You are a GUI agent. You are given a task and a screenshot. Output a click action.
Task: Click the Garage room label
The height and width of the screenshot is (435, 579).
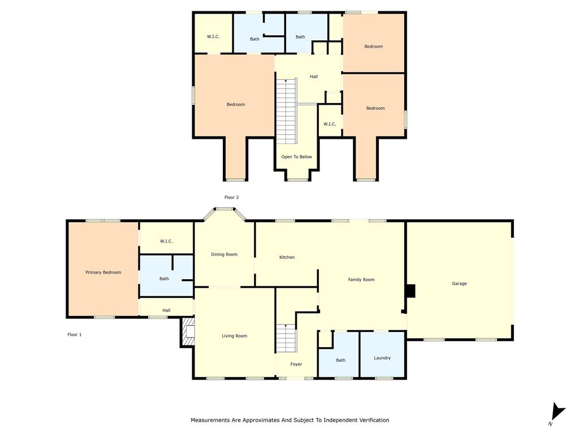tap(459, 283)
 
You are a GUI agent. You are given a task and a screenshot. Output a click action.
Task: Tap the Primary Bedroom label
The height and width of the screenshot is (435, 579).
tap(103, 272)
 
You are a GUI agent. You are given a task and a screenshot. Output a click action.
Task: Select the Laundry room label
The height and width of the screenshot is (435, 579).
tap(382, 358)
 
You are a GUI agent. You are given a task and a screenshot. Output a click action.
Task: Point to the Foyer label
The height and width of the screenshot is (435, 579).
tap(296, 364)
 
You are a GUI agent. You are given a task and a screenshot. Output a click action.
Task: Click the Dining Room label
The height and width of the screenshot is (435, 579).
tap(224, 254)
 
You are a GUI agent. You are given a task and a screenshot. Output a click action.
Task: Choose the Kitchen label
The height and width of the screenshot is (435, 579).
tap(287, 257)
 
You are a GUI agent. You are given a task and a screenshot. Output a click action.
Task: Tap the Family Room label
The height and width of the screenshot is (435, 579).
tap(361, 279)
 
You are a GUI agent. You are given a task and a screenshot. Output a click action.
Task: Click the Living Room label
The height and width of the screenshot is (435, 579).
tap(234, 336)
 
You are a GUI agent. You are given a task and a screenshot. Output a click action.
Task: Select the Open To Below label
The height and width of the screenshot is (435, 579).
tap(296, 157)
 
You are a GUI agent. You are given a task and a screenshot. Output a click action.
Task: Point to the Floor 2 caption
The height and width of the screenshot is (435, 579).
tap(231, 197)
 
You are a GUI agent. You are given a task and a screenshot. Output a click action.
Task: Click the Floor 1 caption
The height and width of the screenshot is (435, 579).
tap(75, 335)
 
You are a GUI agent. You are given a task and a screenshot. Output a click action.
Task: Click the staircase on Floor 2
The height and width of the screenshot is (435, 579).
tap(286, 111)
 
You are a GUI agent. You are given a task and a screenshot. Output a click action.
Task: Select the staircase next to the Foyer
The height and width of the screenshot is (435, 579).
tap(286, 339)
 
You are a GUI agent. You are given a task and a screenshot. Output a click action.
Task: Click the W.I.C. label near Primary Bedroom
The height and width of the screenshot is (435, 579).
tap(166, 241)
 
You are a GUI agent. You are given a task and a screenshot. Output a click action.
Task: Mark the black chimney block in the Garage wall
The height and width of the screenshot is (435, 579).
tap(410, 291)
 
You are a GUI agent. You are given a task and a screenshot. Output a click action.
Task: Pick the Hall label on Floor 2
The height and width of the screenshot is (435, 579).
tap(313, 76)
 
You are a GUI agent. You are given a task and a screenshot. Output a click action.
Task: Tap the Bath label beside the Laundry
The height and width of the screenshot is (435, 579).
tap(340, 360)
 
